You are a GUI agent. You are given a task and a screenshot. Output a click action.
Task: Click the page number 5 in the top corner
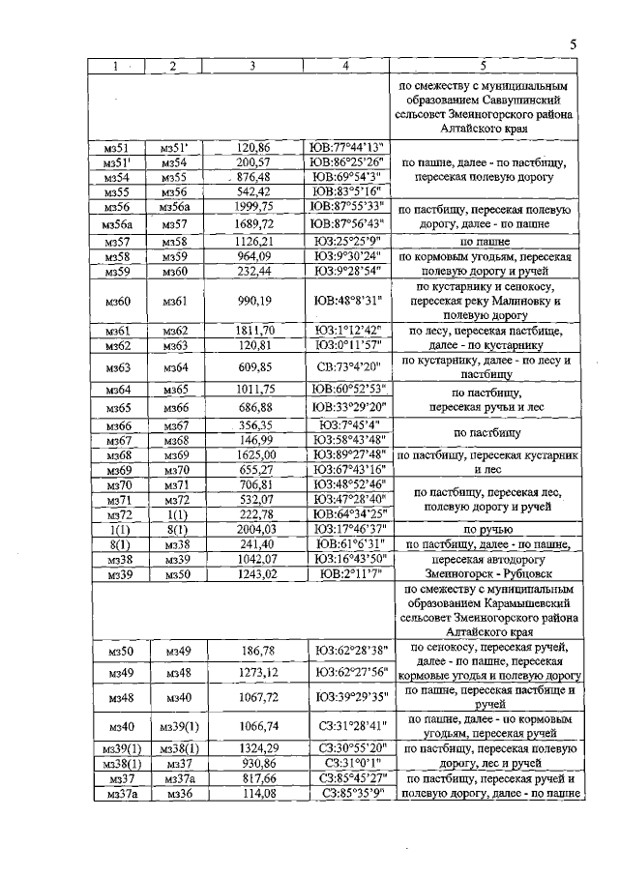coord(572,44)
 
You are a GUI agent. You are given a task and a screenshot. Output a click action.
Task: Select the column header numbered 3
coord(252,66)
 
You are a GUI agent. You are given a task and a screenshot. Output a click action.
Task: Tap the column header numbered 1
coord(116,66)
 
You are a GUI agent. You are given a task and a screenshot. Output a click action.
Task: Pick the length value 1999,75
coord(252,207)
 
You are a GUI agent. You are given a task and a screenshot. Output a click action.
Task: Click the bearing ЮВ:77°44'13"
coord(346,147)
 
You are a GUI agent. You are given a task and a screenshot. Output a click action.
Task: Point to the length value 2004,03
coord(252,530)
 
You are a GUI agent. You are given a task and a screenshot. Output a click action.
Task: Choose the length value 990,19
coord(252,302)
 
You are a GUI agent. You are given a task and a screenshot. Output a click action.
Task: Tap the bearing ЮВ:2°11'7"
coord(346,575)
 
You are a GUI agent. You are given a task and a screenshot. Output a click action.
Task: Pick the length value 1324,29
coord(252,748)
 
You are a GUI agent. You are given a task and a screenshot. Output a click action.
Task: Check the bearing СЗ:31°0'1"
coord(346,764)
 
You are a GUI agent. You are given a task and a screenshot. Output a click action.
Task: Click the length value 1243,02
coord(252,575)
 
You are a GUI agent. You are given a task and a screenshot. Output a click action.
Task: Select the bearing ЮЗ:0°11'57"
coord(346,344)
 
